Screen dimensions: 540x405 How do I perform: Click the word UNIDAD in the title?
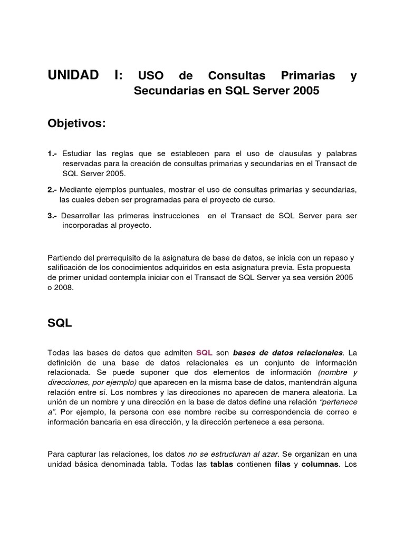(x=73, y=75)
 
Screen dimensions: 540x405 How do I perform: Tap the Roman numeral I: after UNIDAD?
(x=118, y=75)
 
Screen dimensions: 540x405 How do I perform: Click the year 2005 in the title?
(x=302, y=91)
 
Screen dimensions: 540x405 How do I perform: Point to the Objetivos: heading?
(x=76, y=123)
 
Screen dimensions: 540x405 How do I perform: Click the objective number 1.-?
(x=52, y=153)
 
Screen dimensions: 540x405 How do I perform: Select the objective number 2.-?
(x=52, y=190)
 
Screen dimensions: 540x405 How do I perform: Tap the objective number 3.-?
(x=52, y=216)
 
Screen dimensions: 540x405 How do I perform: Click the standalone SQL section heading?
(x=60, y=324)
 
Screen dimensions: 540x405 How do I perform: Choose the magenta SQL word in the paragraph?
(x=204, y=353)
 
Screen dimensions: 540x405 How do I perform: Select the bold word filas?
(x=283, y=465)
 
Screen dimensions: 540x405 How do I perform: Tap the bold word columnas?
(x=320, y=465)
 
